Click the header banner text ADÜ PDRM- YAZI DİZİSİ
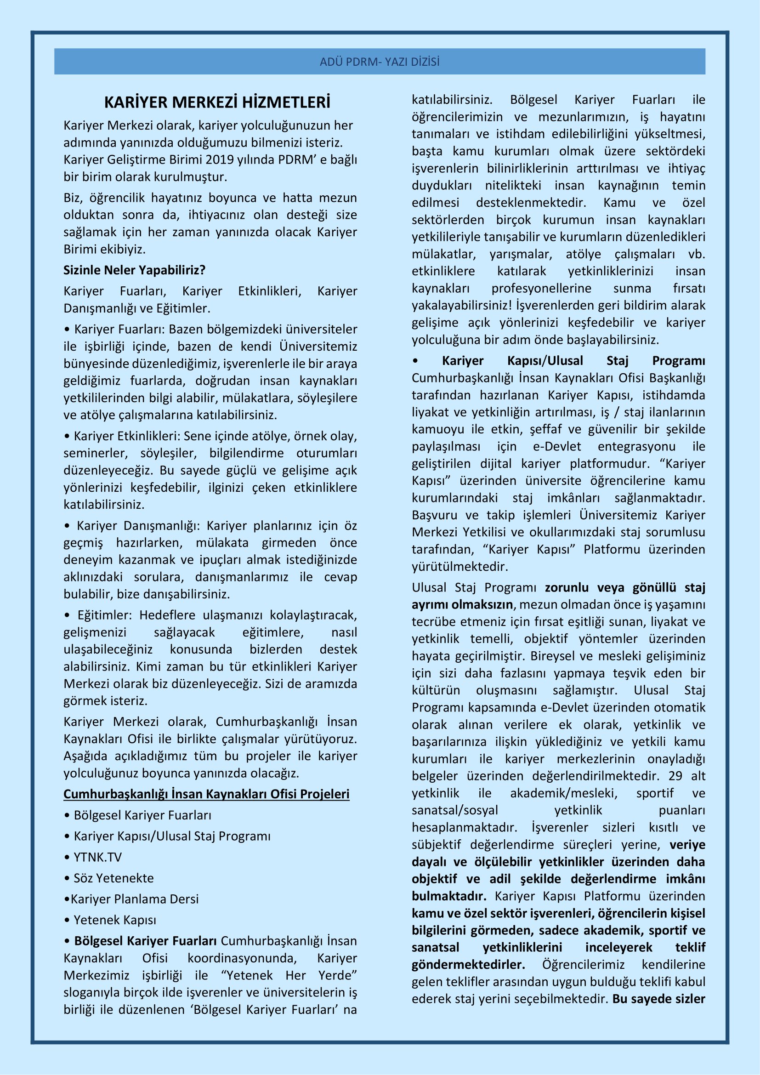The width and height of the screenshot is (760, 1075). [380, 62]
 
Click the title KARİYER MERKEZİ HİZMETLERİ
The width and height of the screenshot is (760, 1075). [217, 102]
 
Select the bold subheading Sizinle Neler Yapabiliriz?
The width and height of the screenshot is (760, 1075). [134, 270]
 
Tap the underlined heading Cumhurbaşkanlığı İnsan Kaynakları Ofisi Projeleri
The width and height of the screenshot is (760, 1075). [206, 794]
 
